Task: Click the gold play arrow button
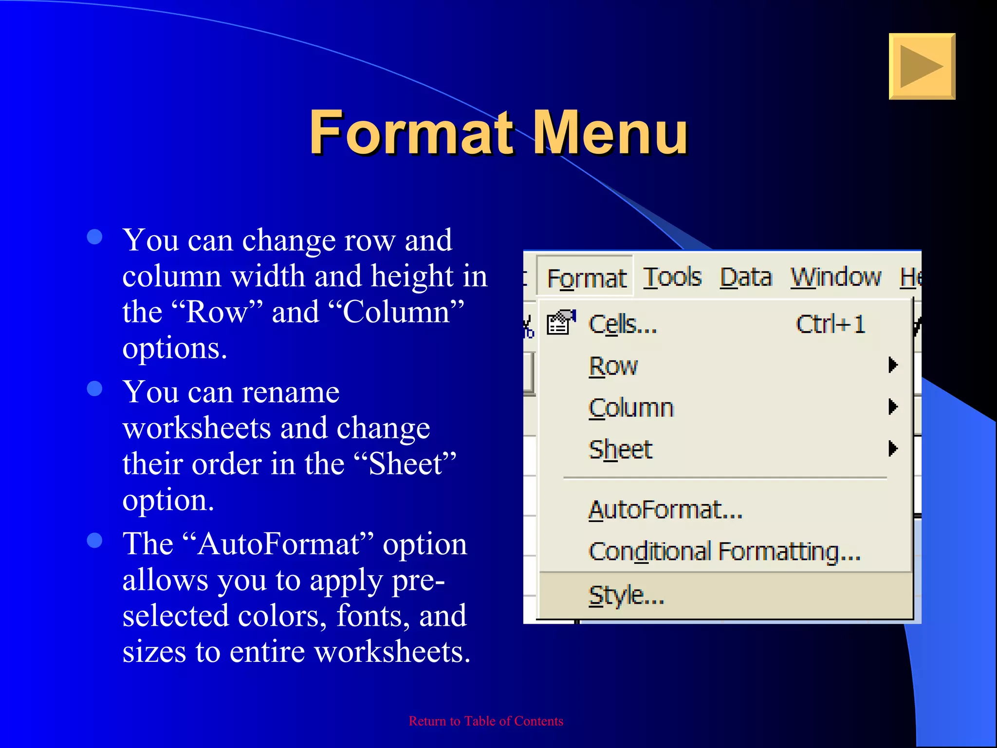pos(922,67)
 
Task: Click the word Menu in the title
pos(611,132)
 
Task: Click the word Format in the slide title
pos(412,132)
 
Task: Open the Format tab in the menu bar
pos(586,278)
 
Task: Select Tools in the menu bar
pos(672,278)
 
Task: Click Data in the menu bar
pos(746,278)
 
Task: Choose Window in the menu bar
pos(835,278)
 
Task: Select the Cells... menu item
pos(623,324)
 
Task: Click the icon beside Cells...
pos(560,323)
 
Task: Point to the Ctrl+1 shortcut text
pos(831,324)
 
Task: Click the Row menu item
pos(613,366)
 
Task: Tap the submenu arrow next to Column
pos(892,407)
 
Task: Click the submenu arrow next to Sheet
pos(892,449)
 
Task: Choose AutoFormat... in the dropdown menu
pos(665,510)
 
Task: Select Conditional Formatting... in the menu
pos(724,552)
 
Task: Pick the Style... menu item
pos(626,595)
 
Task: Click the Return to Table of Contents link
pos(486,721)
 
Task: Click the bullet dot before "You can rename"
pos(94,389)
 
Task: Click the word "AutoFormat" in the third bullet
pos(279,544)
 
